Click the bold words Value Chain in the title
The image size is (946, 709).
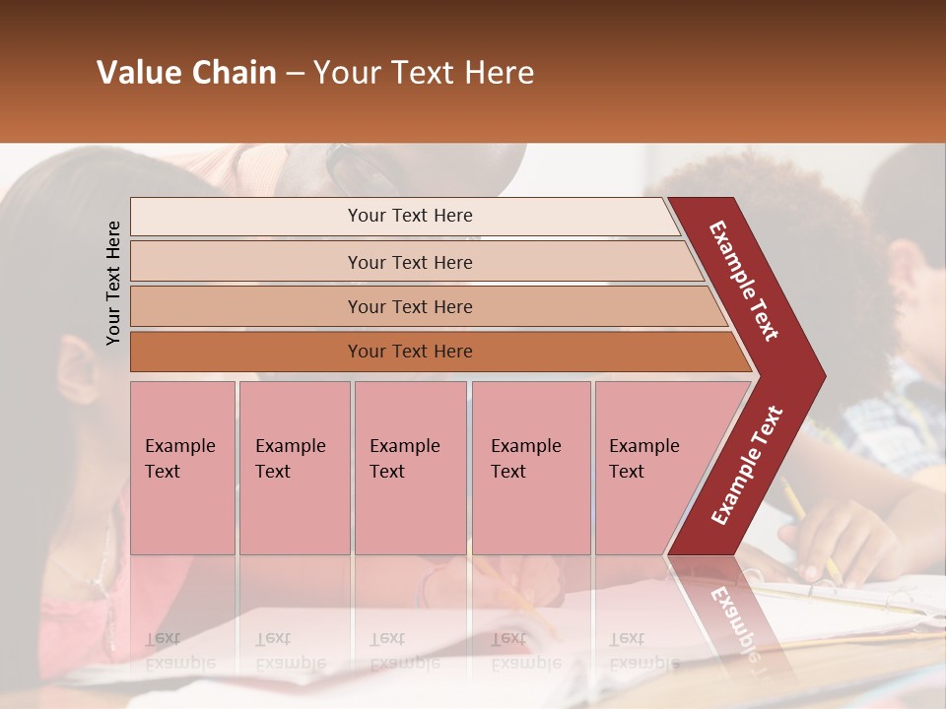click(x=186, y=73)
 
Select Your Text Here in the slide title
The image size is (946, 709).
click(x=424, y=73)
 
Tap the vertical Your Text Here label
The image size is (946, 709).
click(x=113, y=283)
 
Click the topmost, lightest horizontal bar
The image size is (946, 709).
click(x=404, y=216)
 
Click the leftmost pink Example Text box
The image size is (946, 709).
click(x=182, y=468)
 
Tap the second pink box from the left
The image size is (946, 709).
click(x=294, y=468)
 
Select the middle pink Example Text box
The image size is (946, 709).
click(x=410, y=468)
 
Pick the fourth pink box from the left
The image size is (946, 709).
click(x=531, y=468)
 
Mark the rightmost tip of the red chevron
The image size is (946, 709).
click(x=824, y=376)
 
